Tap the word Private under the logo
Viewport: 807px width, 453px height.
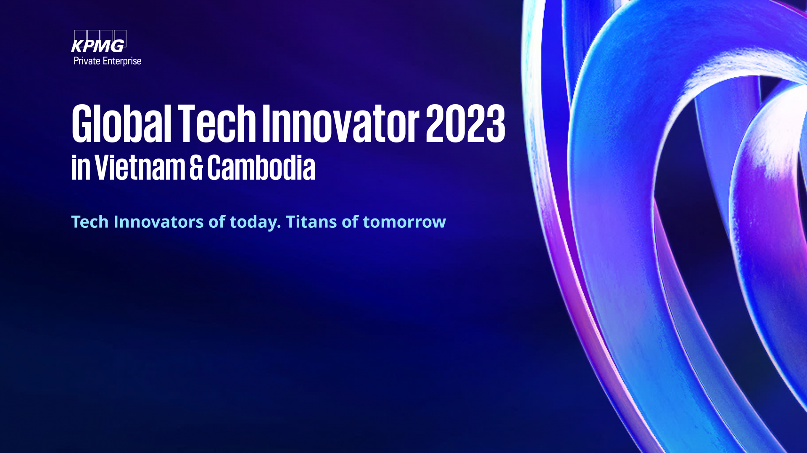[87, 61]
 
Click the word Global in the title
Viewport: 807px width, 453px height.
[121, 123]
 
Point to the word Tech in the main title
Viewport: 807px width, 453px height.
[217, 123]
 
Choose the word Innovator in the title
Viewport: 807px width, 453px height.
[341, 123]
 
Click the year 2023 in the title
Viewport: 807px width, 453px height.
[466, 123]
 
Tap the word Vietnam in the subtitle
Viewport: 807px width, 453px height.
[140, 167]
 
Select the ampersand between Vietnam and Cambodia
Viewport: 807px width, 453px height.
[196, 167]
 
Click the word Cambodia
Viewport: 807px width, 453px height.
[261, 167]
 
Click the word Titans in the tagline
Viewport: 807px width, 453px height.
[311, 221]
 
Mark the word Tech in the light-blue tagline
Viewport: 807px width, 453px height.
[90, 221]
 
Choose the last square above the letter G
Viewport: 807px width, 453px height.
[120, 38]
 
